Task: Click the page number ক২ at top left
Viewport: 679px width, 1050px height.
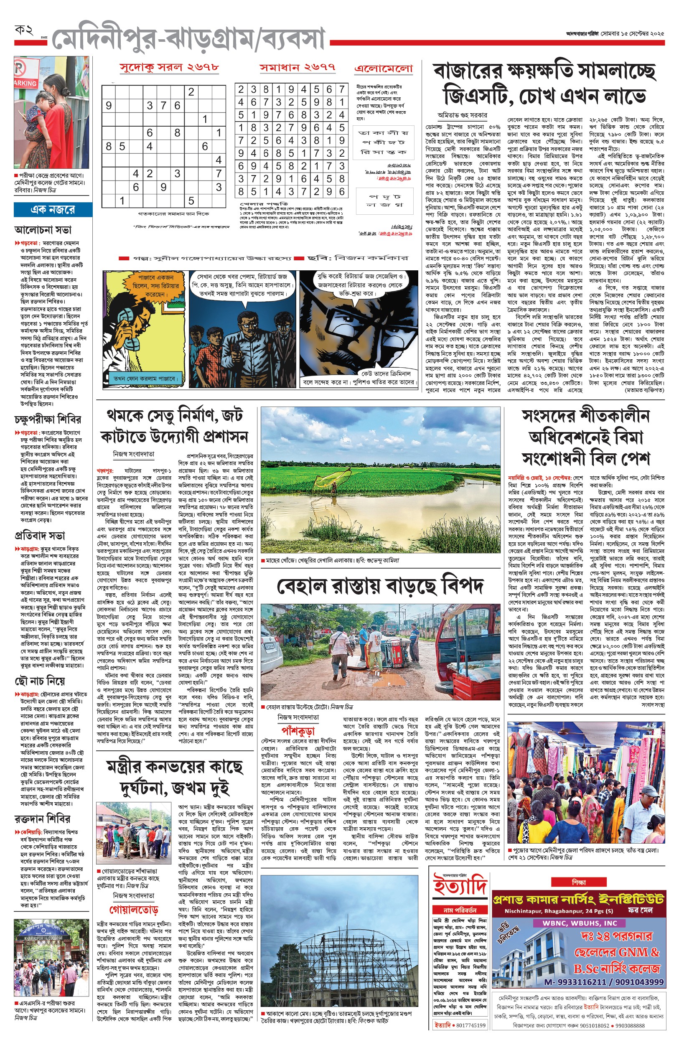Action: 24,31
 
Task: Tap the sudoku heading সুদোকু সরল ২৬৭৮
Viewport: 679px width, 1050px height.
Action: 169,67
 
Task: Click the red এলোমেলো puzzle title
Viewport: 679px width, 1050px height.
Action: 384,69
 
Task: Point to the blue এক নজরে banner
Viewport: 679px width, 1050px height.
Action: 53,210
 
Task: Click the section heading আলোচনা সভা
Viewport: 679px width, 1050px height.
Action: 43,230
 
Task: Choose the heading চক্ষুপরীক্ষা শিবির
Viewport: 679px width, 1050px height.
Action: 48,419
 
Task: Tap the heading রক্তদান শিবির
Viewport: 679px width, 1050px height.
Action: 42,819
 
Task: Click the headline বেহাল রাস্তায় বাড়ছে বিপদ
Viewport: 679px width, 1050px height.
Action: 380,586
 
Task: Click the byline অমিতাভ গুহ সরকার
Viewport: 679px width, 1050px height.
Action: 462,115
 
